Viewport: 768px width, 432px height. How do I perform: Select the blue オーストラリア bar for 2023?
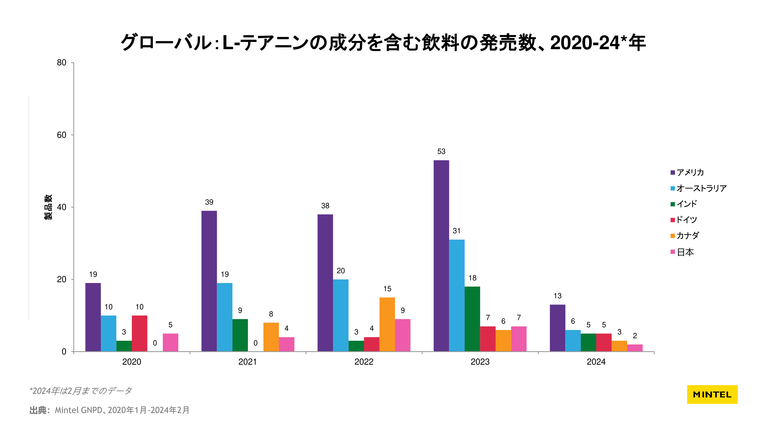coord(456,295)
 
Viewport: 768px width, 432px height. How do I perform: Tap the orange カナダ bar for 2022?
coord(387,324)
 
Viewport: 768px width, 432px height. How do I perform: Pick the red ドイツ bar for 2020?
coord(139,333)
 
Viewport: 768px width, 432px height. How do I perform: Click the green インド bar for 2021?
coord(240,335)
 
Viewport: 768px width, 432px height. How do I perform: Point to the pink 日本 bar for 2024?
coord(635,348)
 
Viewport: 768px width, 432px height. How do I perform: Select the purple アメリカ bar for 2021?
coord(209,281)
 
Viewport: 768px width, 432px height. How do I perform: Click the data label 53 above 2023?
coord(441,151)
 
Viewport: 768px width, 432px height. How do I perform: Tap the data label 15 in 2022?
coord(387,289)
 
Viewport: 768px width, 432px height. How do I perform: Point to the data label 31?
coord(456,231)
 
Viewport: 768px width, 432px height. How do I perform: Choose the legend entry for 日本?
coord(685,252)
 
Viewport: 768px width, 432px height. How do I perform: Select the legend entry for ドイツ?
coord(686,220)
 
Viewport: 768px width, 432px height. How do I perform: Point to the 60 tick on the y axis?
coord(61,135)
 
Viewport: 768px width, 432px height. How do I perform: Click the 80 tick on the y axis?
coord(61,62)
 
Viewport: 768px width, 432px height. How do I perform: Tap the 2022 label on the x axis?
coord(364,362)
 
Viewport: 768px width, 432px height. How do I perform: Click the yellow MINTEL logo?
coord(712,394)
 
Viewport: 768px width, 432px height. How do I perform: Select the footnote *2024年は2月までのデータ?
coord(80,391)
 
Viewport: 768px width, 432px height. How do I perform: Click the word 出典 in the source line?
coord(38,410)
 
